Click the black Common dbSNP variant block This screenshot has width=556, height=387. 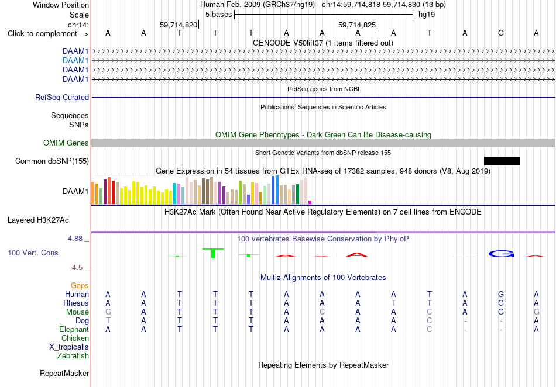pos(502,161)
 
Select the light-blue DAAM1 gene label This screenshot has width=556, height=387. pos(75,61)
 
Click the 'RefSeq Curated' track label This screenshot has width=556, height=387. pos(62,98)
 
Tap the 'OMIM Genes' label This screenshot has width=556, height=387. pos(66,143)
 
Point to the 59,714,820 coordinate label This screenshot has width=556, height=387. pos(179,25)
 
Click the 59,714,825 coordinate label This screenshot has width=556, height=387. pos(357,25)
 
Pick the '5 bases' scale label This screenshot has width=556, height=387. pos(218,15)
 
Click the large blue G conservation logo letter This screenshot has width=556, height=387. pos(501,254)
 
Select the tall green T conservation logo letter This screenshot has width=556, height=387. pos(213,253)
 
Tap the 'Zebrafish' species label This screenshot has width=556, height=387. pos(73,355)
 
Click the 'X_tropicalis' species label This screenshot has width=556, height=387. pos(69,347)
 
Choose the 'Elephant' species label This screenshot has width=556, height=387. pos(74,329)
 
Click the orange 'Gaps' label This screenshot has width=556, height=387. pos(80,285)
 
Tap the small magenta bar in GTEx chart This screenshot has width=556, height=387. pos(310,202)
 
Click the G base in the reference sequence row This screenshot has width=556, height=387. pos(500,33)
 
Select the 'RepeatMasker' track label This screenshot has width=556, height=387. pos(64,373)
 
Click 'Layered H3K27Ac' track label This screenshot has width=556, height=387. pos(38,220)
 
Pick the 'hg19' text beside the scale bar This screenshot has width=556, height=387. pos(427,15)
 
